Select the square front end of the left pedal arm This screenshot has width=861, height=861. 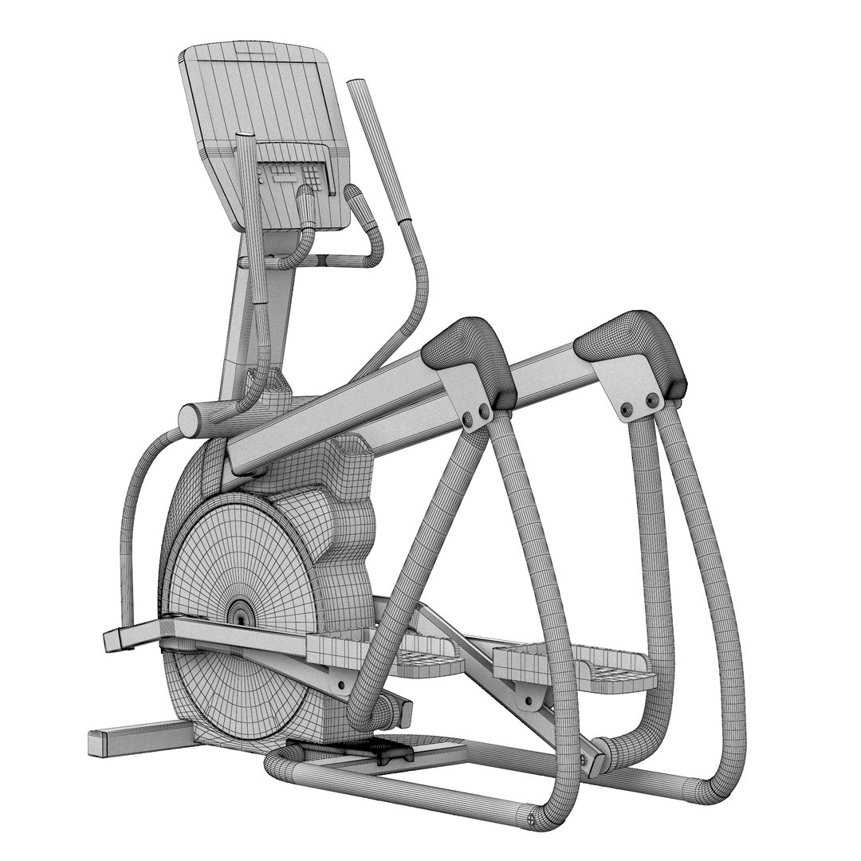(116, 638)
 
